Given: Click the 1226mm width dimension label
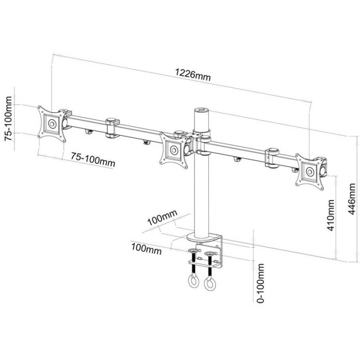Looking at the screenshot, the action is point(193,75).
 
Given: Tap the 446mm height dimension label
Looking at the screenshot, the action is point(352,199).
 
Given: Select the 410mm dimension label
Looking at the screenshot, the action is point(331,215).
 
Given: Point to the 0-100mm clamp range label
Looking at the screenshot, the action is point(261,283).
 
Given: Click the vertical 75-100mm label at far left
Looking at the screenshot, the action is point(9,118).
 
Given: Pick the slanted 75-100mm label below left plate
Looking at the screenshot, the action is point(93,159).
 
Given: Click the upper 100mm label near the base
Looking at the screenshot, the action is point(162,217).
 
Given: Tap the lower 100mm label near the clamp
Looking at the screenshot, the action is point(146,249).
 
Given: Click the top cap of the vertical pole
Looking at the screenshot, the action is point(201,110).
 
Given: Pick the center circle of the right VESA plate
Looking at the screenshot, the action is point(310,171).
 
